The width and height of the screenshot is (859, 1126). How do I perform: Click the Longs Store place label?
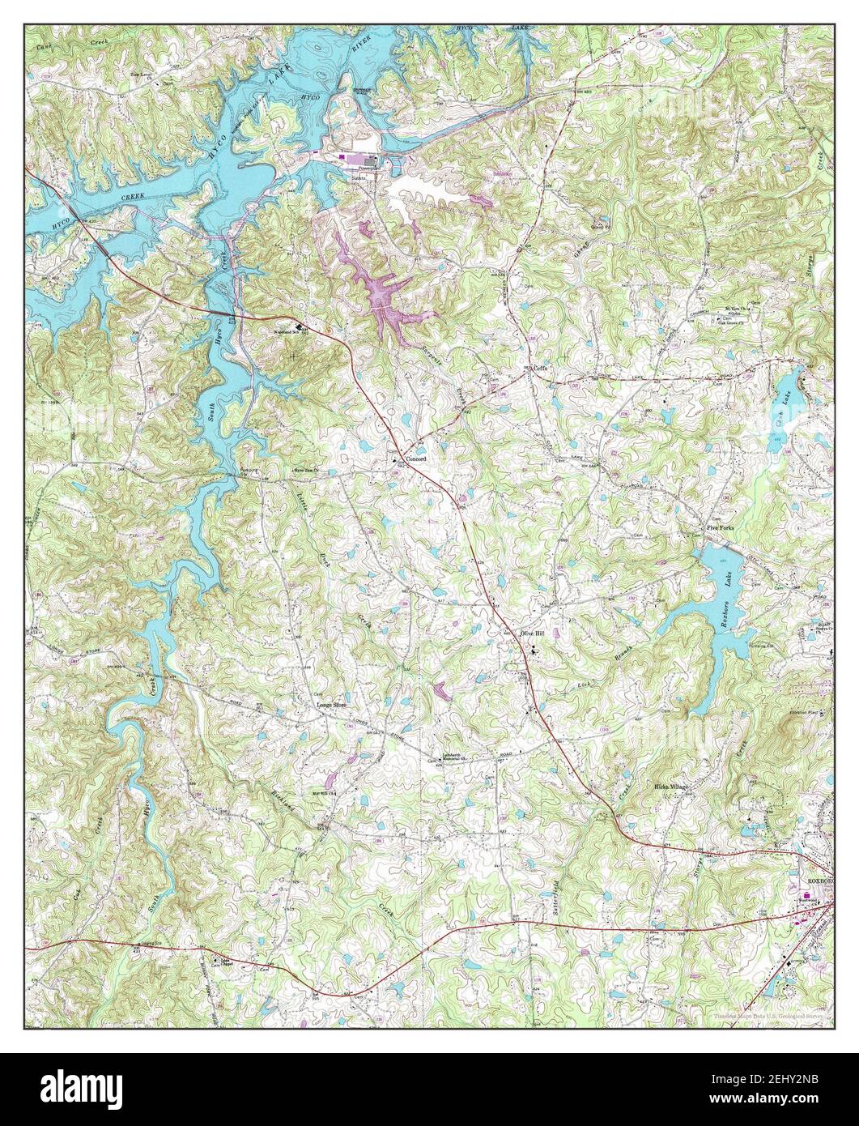pyautogui.click(x=330, y=704)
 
